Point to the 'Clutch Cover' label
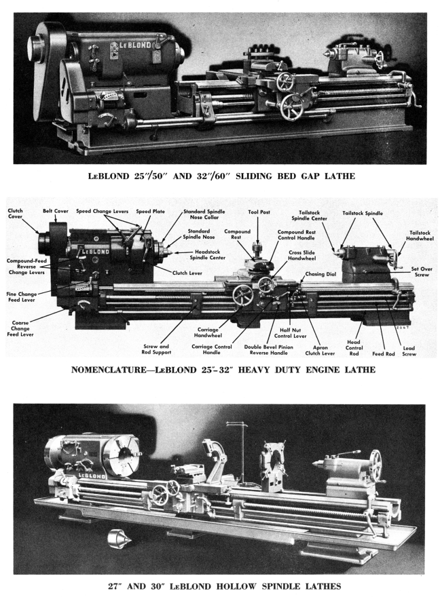click(x=16, y=214)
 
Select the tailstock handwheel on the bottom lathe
click(x=375, y=465)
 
